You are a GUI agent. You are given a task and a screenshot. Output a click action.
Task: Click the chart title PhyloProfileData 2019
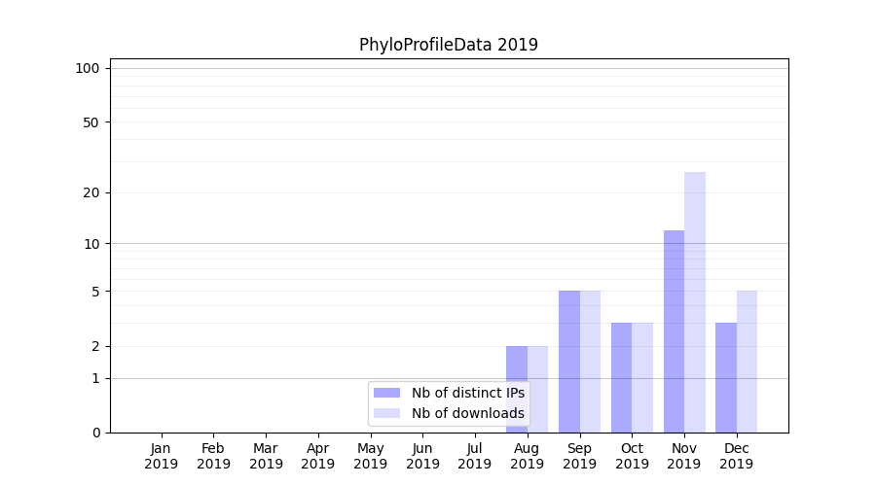coord(448,45)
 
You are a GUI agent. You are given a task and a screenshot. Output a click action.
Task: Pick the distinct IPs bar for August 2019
coord(517,389)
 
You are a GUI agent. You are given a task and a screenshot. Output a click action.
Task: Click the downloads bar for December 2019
coord(747,361)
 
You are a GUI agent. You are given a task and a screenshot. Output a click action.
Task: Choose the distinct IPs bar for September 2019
coord(569,361)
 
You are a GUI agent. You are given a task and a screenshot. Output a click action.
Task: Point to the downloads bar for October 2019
coord(642,377)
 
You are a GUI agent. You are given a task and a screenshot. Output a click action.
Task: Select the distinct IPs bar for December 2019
coord(726,377)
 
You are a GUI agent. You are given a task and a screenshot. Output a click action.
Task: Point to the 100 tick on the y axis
coord(88,68)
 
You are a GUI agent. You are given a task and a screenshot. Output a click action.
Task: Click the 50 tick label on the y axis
coord(91,122)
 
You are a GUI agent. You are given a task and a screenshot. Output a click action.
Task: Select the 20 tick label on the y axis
coord(91,192)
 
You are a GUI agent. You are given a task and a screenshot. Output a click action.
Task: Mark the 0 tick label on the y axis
coord(95,433)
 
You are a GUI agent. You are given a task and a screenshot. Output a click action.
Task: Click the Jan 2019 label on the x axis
coord(162,456)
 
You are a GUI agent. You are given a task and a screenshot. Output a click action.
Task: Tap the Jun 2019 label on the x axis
coord(422,456)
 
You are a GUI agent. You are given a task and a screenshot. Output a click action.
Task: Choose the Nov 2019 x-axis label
coord(684,456)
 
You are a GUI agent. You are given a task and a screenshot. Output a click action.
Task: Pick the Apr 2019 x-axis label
coord(318,456)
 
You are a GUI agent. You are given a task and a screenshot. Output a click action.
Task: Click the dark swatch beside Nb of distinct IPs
coord(387,393)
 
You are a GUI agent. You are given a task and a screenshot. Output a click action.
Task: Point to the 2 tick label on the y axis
coord(95,346)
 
